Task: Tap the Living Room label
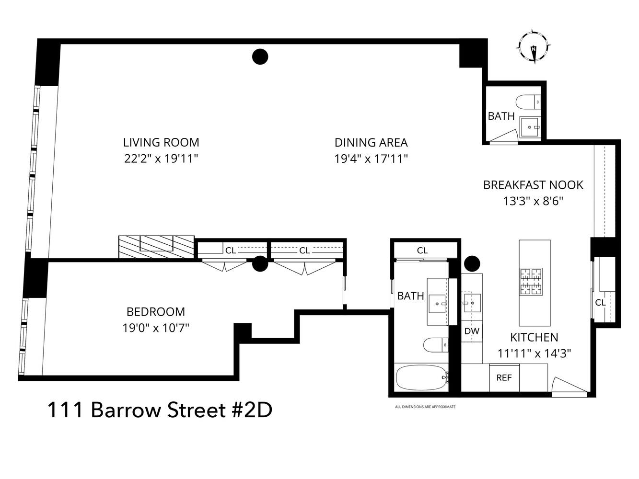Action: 161,142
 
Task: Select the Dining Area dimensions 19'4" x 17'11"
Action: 371,159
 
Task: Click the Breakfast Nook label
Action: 533,185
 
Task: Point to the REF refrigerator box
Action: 504,377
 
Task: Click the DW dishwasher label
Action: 472,331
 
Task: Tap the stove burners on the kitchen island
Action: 532,281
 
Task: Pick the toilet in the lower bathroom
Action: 436,344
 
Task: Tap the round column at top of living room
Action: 260,57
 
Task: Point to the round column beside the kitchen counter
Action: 472,263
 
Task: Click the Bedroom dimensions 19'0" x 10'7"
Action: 155,328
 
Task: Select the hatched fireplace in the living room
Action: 156,247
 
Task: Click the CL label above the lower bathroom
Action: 422,251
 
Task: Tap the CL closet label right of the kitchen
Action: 600,302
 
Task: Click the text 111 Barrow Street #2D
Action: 160,410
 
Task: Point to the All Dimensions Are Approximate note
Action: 425,407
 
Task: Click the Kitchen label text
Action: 534,337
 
